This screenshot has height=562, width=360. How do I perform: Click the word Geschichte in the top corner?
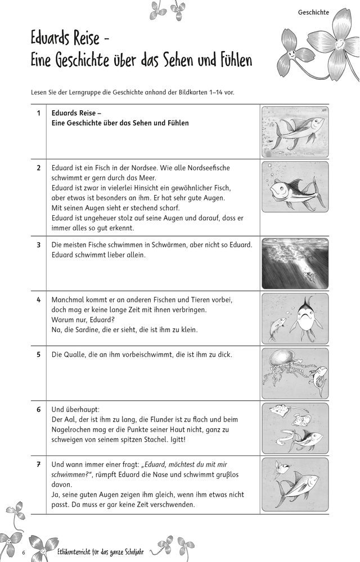pyautogui.click(x=313, y=11)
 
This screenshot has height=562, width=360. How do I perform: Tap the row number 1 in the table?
pyautogui.click(x=38, y=113)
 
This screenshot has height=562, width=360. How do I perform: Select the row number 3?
pyautogui.click(x=38, y=245)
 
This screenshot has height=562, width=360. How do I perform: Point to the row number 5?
pyautogui.click(x=38, y=355)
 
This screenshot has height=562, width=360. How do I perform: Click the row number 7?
pyautogui.click(x=38, y=464)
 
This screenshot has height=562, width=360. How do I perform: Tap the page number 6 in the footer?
pyautogui.click(x=24, y=553)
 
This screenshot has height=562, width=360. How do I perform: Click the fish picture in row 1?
pyautogui.click(x=295, y=132)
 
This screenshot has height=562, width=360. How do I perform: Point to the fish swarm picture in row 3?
pyautogui.click(x=295, y=264)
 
